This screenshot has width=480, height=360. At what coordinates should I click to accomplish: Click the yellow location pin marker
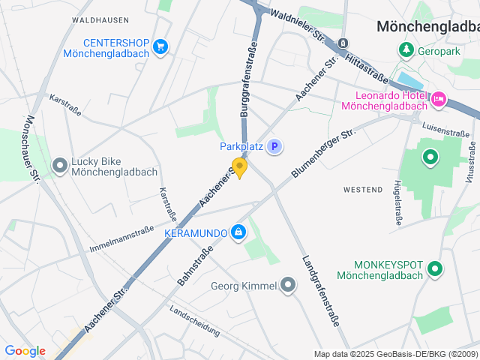239,167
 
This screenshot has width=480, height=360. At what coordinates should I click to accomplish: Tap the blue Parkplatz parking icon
275,147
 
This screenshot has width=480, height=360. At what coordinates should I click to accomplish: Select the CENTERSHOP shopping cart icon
160,47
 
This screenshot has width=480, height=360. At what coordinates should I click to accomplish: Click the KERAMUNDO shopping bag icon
238,233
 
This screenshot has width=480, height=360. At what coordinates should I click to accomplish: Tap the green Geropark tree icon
406,49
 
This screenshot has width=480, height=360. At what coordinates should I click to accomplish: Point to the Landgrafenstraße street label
321,292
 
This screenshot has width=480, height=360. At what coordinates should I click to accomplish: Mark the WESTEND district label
363,190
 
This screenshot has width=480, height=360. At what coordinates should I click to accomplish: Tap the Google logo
25,351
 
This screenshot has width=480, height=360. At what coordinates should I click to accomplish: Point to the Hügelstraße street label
397,202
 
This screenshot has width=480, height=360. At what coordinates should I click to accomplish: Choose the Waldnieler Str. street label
298,24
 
